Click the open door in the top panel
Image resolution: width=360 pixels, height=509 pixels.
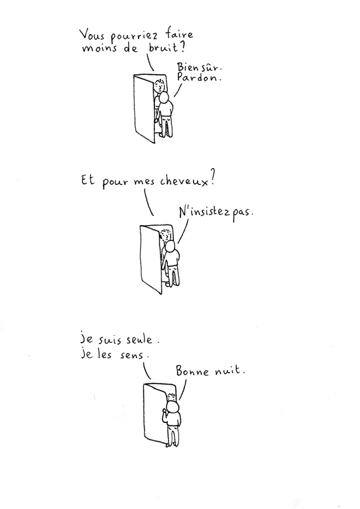144,107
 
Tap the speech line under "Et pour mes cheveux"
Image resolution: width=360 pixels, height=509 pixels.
148,202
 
